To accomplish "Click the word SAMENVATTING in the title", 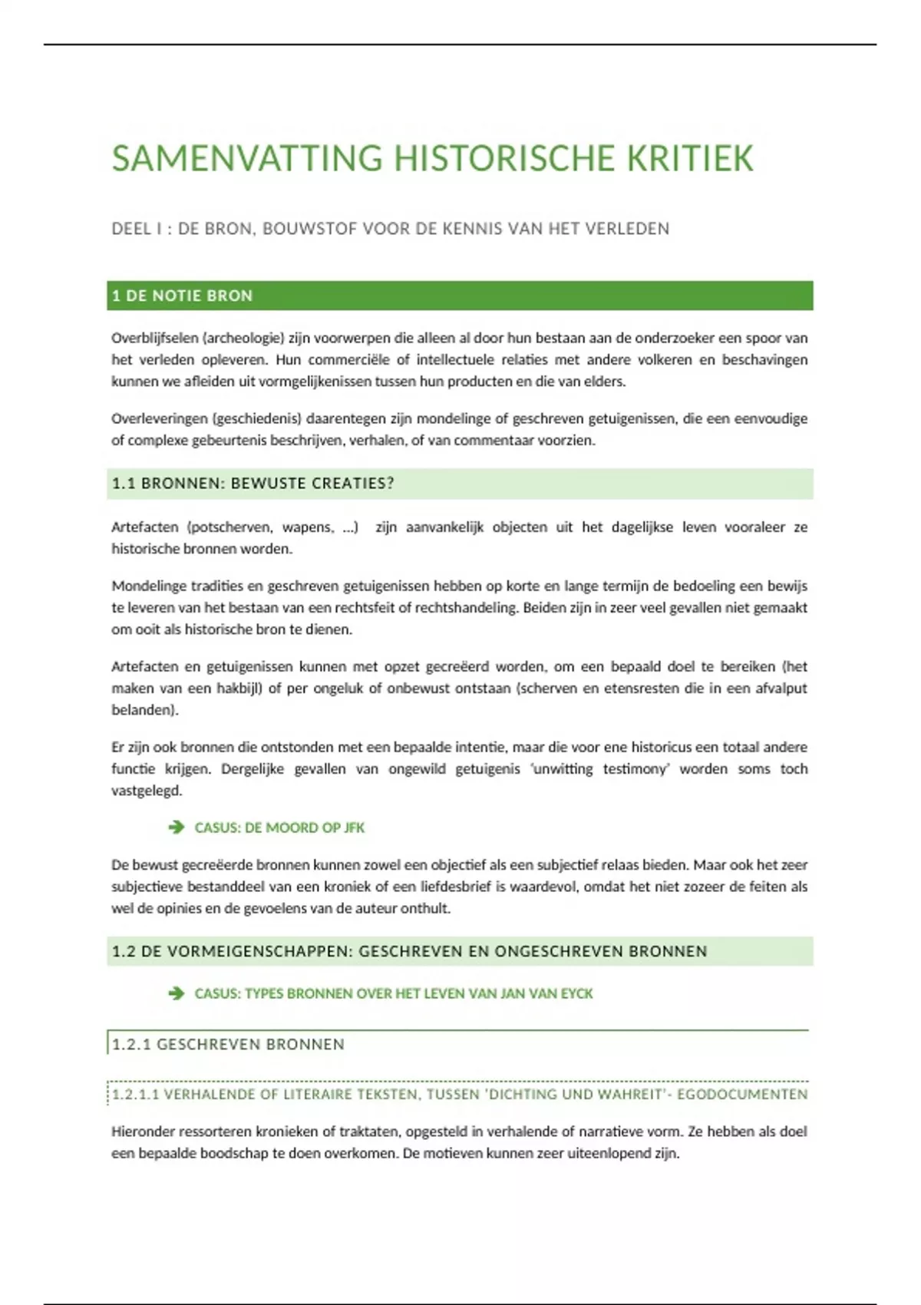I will [247, 159].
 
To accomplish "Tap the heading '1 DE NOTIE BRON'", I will [182, 296].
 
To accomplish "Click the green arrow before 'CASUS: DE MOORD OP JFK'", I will [177, 827].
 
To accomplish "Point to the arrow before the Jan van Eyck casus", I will [177, 993].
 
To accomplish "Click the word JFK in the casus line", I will [354, 828].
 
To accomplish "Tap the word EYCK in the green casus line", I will [576, 993].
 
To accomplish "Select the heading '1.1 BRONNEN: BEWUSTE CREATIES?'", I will [253, 483].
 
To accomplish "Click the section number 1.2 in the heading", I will [124, 951].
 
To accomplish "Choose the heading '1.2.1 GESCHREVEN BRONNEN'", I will [228, 1044].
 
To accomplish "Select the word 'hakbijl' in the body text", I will [239, 689].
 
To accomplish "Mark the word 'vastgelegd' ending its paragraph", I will [146, 791].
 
